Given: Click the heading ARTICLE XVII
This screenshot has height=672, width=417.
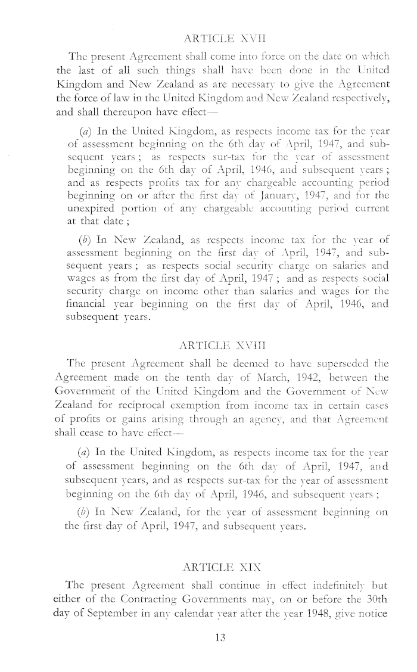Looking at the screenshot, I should tap(208, 23).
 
